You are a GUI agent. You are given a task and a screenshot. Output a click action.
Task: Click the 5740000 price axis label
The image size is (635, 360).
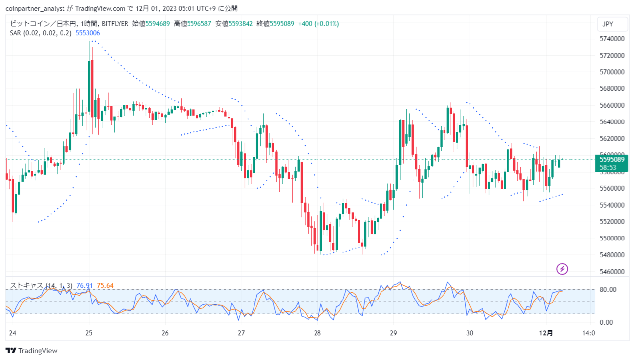(612, 39)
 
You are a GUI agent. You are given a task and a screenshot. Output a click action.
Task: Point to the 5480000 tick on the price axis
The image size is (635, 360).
(612, 255)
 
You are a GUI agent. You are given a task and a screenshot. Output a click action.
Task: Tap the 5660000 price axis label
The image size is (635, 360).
(612, 105)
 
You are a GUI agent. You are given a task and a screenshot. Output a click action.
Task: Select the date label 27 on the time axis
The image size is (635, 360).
(241, 333)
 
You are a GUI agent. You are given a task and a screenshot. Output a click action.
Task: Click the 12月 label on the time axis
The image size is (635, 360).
(546, 333)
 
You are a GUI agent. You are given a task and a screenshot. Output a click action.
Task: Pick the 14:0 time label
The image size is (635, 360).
(588, 333)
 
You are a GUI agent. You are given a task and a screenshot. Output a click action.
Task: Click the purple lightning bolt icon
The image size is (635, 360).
(562, 269)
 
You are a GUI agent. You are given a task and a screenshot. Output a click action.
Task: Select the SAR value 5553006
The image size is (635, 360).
(88, 33)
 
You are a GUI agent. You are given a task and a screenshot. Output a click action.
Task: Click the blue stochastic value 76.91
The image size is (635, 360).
(84, 286)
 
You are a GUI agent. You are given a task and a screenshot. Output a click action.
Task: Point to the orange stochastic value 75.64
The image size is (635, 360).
(105, 286)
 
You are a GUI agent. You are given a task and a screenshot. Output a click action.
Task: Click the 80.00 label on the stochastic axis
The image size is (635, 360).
(608, 290)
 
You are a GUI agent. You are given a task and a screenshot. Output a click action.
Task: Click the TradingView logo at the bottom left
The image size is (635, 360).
(31, 351)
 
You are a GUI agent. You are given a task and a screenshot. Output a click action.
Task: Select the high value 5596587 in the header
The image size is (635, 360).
(199, 24)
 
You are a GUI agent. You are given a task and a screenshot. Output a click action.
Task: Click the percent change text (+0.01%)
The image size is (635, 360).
(326, 24)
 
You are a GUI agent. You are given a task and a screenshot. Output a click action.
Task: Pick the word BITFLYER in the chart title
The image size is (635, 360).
(115, 24)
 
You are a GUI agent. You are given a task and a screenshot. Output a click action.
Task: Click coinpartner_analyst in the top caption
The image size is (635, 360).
(35, 9)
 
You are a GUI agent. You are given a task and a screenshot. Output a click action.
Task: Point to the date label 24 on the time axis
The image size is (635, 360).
(13, 333)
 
